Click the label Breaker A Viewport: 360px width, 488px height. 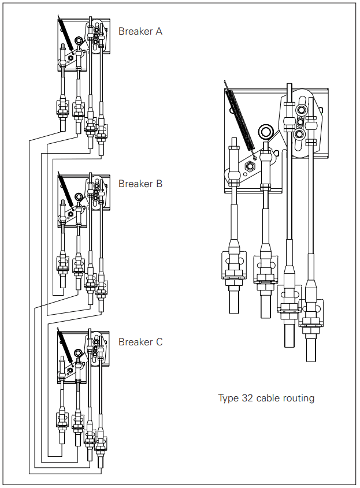(x=140, y=31)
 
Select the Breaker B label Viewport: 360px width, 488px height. (x=140, y=184)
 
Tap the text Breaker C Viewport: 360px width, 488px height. (x=140, y=342)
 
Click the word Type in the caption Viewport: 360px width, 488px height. (x=228, y=398)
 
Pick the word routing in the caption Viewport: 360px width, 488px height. (x=299, y=398)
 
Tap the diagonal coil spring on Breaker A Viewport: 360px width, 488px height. (x=65, y=33)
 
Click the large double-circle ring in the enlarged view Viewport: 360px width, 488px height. (x=266, y=132)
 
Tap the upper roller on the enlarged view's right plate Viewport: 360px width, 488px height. (x=302, y=110)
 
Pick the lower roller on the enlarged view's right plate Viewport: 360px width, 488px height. (x=299, y=135)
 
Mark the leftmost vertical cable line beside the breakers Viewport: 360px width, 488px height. (x=29, y=306)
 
